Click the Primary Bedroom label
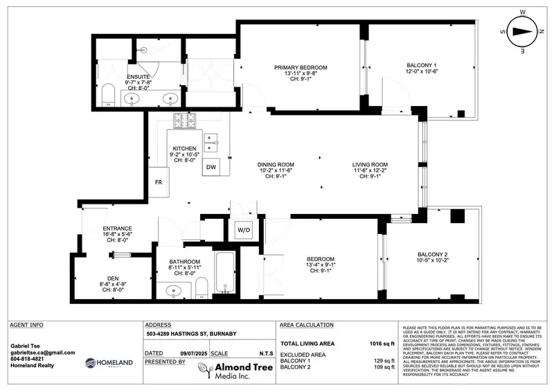click(301, 67)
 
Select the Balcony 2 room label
click(432, 253)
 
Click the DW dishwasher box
click(211, 168)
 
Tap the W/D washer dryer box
click(244, 229)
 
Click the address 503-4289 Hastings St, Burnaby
click(191, 335)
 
